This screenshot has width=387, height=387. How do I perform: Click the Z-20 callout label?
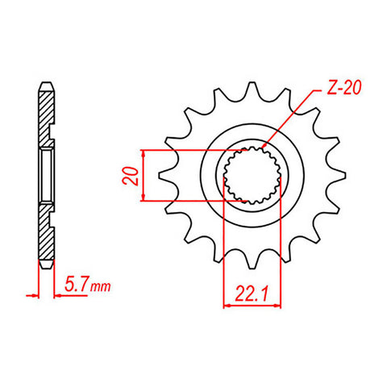pos(343,88)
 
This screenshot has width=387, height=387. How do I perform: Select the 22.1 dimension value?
pos(252,293)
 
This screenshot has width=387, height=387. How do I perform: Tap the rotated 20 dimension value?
pos(130,176)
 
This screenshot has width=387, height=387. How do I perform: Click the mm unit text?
pos(100,287)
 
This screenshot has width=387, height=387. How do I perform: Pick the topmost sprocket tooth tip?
pos(252,82)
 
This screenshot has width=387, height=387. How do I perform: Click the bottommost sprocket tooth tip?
pos(252,268)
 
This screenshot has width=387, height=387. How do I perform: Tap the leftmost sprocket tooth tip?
pos(159,175)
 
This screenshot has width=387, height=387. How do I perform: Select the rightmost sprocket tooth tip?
pos(345,175)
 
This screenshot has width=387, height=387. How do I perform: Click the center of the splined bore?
pos(252,175)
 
